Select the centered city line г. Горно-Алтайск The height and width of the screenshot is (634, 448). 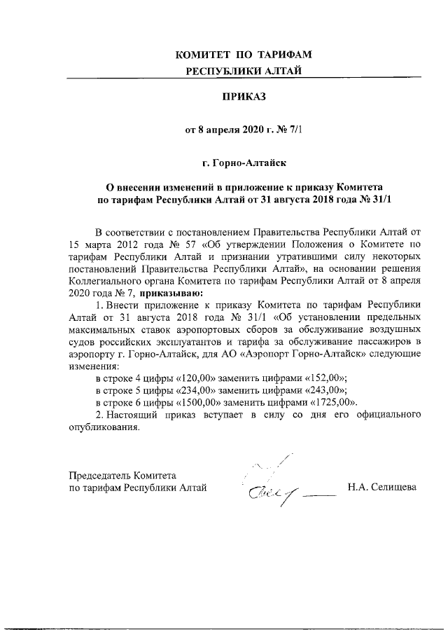click(244, 163)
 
